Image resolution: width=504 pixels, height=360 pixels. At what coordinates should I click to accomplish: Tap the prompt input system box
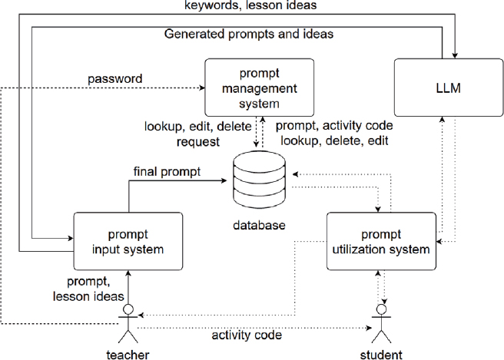tap(128, 240)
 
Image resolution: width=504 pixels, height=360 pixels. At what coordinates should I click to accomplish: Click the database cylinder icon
tap(258, 181)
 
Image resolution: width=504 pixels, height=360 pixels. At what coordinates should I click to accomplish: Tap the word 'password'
tap(114, 79)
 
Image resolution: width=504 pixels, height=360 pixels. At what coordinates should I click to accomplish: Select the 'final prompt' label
tap(166, 172)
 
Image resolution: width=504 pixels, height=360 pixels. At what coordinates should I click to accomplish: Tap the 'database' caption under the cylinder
tap(258, 226)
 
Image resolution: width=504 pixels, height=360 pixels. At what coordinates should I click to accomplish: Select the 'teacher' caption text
tap(128, 354)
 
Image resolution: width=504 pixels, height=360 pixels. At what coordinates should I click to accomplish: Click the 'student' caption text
tap(380, 354)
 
